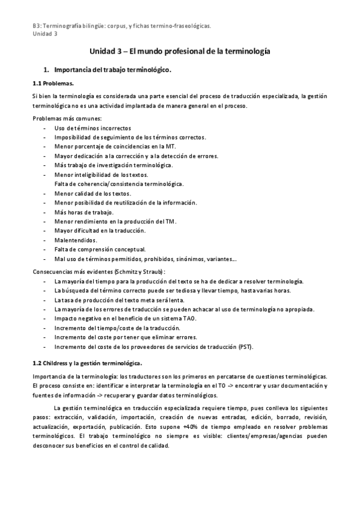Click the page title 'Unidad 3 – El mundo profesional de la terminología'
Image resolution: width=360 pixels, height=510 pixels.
pos(180,52)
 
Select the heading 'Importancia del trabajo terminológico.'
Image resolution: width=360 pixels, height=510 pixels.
pos(112,70)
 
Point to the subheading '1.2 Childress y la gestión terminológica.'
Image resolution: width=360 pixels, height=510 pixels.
pos(87,363)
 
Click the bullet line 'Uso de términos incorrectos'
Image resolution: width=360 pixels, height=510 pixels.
pos(93,127)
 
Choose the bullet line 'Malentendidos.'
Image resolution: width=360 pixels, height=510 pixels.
pos(76,240)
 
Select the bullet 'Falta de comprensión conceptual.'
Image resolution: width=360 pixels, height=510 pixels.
pos(100,249)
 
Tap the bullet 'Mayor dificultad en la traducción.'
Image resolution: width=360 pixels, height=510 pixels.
pos(100,230)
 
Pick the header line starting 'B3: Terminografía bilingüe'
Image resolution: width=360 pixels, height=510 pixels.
pos(121,26)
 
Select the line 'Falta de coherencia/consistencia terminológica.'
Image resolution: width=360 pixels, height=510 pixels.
pos(119,183)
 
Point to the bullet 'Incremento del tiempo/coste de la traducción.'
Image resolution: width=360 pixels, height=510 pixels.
pos(117,328)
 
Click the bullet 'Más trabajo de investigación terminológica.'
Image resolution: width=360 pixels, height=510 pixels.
pos(113,165)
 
